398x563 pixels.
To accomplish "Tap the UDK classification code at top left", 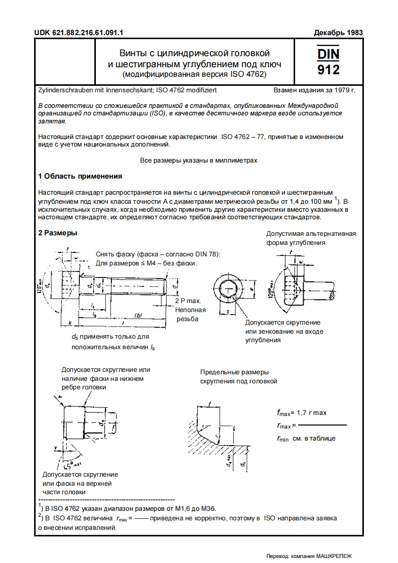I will coord(79,33).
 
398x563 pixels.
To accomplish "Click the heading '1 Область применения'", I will coord(80,176).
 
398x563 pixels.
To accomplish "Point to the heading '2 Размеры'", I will coord(58,233).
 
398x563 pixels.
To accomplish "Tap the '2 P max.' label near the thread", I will coord(188,301).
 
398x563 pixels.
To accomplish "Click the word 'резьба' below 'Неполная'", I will coord(187,319).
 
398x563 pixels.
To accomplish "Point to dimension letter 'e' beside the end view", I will coord(251,290).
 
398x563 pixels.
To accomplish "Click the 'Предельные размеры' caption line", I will coord(234,372).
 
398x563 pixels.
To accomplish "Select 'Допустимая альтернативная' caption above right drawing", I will coord(311,234).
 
